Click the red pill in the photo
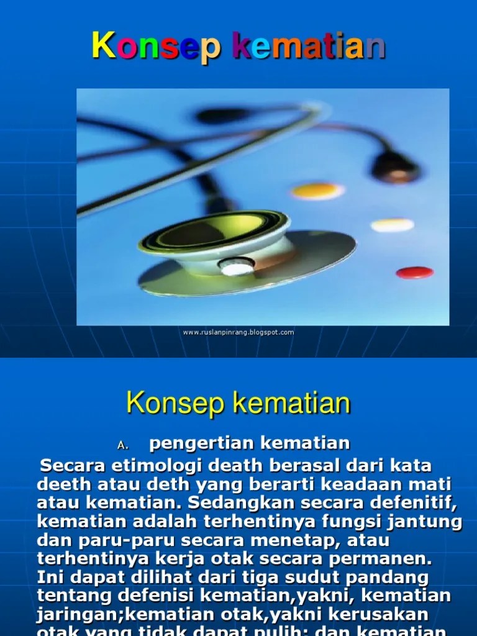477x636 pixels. (414, 272)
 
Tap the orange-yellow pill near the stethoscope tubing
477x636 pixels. (317, 190)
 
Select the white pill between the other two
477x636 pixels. (392, 225)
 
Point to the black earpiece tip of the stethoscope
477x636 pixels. (395, 166)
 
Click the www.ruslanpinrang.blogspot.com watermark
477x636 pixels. (238, 332)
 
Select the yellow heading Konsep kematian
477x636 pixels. (238, 404)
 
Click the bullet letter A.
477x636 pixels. (122, 445)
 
